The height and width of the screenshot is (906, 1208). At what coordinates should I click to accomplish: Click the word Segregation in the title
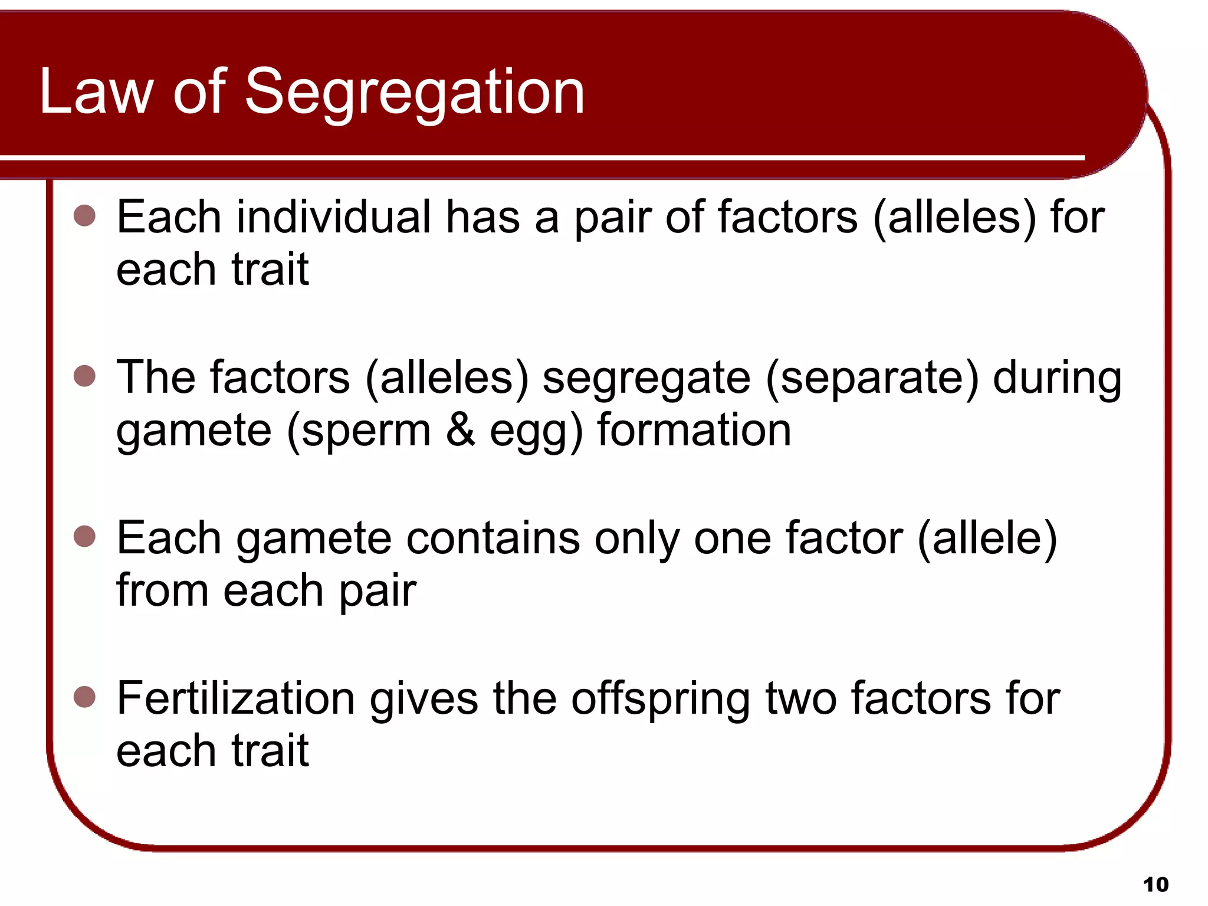click(x=414, y=93)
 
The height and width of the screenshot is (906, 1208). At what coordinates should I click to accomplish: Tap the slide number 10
click(x=1156, y=884)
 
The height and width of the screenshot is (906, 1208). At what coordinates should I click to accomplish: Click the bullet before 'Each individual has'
click(x=85, y=216)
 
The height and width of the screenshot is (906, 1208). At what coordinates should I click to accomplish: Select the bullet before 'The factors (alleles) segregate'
click(x=85, y=376)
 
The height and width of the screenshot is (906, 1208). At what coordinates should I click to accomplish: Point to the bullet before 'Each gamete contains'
click(x=85, y=537)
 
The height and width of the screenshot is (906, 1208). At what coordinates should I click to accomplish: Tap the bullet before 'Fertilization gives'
click(x=85, y=697)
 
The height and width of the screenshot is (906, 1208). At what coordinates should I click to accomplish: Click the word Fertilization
click(x=235, y=698)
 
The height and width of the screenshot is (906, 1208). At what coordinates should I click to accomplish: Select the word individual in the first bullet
click(x=333, y=217)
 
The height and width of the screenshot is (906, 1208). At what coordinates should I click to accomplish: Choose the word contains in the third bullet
click(x=493, y=538)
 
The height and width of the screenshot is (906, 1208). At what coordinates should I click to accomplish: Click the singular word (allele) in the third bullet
click(x=987, y=538)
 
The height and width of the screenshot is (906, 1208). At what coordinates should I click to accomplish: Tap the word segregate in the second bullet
click(x=646, y=379)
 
